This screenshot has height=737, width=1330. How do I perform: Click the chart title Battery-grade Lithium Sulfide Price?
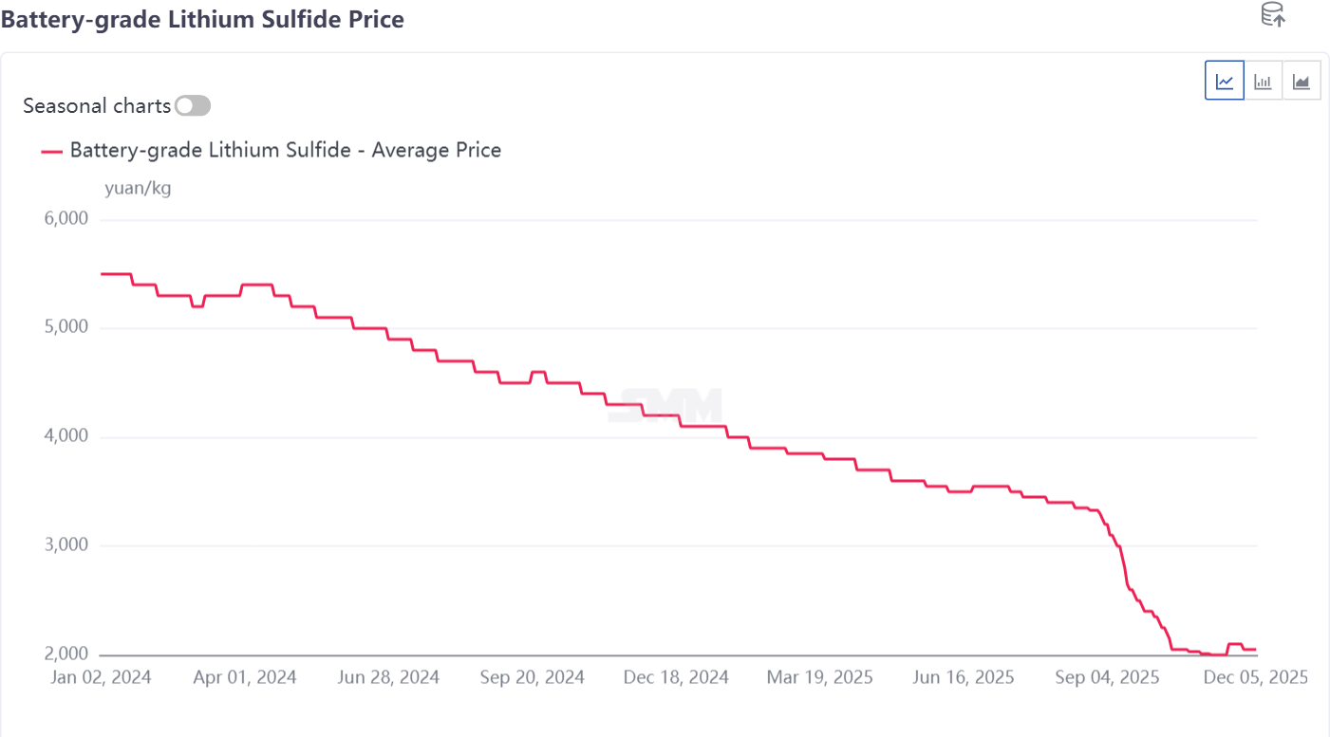tap(202, 19)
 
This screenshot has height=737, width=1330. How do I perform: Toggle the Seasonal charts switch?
tap(193, 105)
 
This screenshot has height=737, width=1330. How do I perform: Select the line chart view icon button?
tap(1225, 81)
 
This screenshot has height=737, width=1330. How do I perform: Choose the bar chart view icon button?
tap(1263, 81)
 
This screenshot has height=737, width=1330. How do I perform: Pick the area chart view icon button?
tap(1301, 81)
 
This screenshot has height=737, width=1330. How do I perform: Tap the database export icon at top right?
tap(1272, 15)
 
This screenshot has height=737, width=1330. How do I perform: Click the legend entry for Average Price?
tap(285, 150)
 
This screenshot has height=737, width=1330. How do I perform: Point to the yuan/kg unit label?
tap(138, 188)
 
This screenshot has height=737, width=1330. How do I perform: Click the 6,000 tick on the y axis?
tap(66, 219)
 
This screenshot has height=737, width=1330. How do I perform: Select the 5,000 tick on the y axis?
tap(66, 328)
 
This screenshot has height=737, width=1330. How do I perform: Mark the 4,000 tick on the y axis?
tap(66, 437)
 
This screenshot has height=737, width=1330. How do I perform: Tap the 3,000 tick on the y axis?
tap(66, 546)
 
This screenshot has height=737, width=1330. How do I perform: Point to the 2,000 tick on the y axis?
tap(66, 654)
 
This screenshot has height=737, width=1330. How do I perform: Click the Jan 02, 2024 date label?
tap(101, 677)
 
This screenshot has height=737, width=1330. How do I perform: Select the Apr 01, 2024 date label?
tap(245, 677)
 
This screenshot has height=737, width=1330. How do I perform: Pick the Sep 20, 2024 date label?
tap(534, 677)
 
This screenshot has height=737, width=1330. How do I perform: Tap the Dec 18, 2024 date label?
tap(677, 677)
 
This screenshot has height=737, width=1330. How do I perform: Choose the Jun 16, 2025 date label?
tap(964, 677)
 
